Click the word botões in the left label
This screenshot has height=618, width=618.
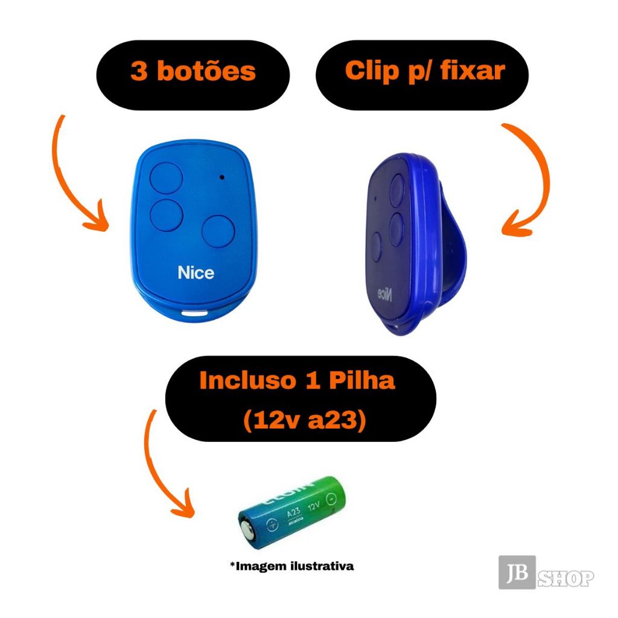click(206, 72)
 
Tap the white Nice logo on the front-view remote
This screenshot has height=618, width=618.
click(196, 273)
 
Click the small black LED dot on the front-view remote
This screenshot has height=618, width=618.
click(223, 177)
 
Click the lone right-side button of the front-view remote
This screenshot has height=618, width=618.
click(218, 231)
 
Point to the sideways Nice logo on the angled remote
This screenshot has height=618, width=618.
click(384, 294)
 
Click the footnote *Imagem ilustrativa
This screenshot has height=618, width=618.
click(291, 566)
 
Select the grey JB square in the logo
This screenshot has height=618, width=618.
click(517, 572)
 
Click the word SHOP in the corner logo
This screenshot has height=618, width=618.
click(565, 579)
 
